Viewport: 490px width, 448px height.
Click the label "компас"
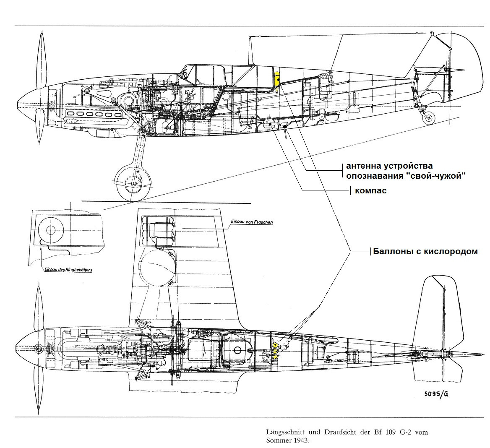[370, 190]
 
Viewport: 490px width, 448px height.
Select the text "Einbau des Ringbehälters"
[68, 270]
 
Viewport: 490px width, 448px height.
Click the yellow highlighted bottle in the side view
[277, 80]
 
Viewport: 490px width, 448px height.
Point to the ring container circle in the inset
[51, 230]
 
